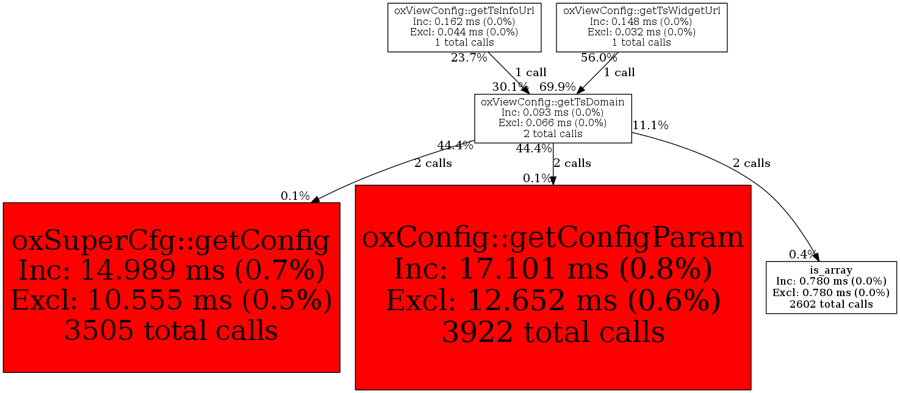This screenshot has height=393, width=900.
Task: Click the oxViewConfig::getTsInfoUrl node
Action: [x=464, y=27]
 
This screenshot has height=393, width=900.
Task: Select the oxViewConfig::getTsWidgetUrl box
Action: [x=642, y=27]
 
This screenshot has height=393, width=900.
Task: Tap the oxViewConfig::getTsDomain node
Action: [x=553, y=118]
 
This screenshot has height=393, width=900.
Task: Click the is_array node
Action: [x=831, y=288]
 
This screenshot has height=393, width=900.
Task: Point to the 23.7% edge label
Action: [x=469, y=58]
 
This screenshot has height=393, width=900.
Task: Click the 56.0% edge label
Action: [x=599, y=58]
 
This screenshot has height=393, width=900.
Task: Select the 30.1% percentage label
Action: [x=510, y=87]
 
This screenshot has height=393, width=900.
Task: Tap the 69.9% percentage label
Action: [x=557, y=87]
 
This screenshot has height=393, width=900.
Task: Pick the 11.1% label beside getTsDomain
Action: [x=650, y=126]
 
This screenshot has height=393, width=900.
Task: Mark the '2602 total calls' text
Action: [x=831, y=305]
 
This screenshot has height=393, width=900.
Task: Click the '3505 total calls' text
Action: [x=171, y=330]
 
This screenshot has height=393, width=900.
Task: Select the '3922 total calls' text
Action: [x=553, y=332]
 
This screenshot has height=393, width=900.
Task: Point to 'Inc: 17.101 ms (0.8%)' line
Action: [x=553, y=269]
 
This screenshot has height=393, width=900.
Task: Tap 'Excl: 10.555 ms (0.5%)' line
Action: [x=171, y=300]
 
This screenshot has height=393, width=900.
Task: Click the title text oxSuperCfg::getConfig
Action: [x=171, y=241]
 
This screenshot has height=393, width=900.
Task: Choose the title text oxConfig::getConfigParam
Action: [x=553, y=238]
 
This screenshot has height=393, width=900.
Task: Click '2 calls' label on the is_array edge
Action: [x=751, y=164]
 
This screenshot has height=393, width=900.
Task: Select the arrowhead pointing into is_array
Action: [x=816, y=257]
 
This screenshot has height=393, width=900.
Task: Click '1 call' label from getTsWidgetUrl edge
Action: [x=619, y=73]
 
